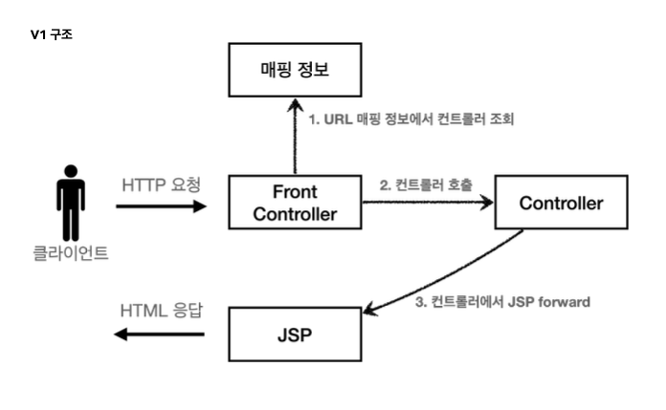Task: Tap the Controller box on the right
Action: (560, 203)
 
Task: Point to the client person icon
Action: (70, 202)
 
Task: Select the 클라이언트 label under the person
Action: (70, 254)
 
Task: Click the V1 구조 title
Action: (52, 33)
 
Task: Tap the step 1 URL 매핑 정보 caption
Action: (413, 119)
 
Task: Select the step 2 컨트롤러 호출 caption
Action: (426, 183)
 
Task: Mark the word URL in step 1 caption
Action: (338, 119)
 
